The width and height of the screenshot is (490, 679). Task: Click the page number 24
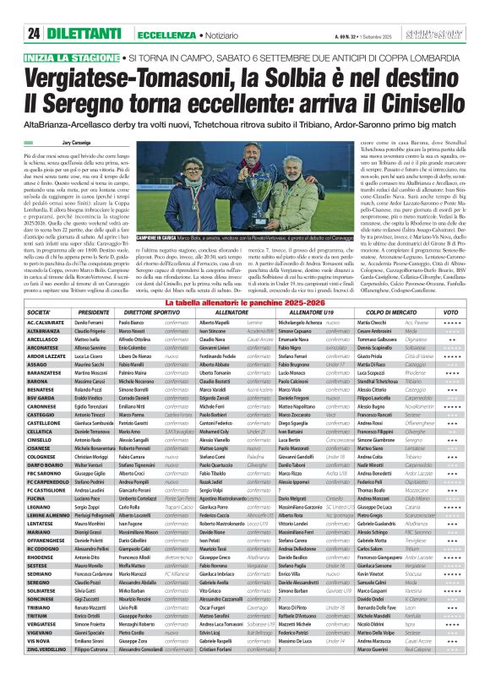(x=34, y=33)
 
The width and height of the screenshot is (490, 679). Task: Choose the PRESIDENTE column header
(x=95, y=313)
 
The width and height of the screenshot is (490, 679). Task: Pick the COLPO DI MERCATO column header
(x=402, y=313)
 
